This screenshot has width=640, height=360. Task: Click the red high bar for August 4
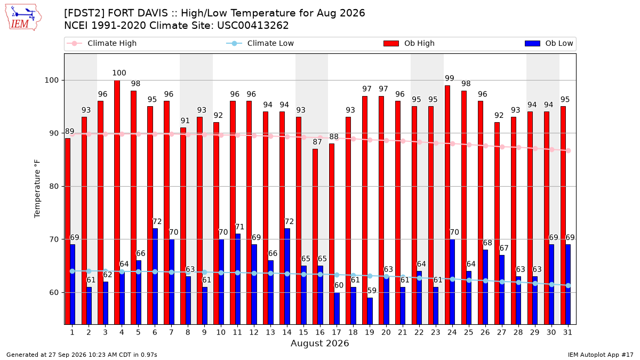pos(117,202)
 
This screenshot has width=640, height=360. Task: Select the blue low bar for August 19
pos(370,311)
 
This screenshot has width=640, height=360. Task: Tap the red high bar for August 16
pos(315,237)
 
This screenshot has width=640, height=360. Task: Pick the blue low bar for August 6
pos(155,276)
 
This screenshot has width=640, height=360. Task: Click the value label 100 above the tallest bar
pos(119,73)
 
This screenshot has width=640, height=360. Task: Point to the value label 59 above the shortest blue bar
pos(372,291)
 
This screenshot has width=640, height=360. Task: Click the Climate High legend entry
pos(101,43)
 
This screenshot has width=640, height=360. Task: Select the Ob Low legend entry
pos(549,43)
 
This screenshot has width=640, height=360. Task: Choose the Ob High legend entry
pos(409,43)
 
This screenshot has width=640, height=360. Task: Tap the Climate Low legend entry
pos(260,43)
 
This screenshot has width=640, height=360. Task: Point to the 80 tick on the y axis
pos(53,186)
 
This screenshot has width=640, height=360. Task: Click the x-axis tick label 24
pos(452,332)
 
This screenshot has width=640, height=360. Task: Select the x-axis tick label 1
pos(73,332)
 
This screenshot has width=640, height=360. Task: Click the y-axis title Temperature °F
pos(37,189)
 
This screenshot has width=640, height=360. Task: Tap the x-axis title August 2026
pos(319,343)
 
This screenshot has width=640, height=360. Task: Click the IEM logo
pos(23,18)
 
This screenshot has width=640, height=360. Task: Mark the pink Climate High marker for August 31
pos(569,150)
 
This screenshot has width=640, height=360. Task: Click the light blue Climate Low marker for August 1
pos(73,271)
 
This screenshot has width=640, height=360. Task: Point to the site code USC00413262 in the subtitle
pos(253,26)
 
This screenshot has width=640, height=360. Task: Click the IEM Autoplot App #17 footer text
pos(601,355)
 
